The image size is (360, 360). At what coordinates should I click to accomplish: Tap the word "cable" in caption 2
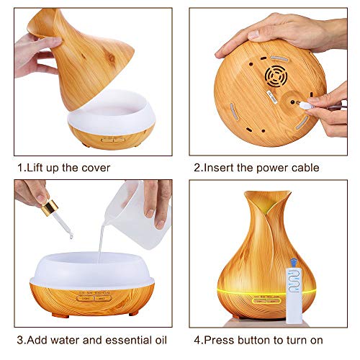click(x=305, y=168)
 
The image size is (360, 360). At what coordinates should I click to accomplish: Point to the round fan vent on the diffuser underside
click(x=276, y=76)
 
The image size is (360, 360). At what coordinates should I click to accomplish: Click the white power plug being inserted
click(x=305, y=105)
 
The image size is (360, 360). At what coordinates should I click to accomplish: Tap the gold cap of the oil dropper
click(x=50, y=208)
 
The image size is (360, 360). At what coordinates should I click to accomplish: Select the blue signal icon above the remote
click(x=294, y=262)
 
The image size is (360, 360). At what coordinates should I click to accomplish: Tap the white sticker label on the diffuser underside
click(x=271, y=97)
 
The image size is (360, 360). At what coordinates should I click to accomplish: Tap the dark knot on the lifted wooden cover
click(x=111, y=58)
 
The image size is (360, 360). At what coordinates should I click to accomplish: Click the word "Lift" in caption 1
click(x=35, y=168)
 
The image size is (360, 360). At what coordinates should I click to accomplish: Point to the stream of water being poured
click(x=101, y=243)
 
